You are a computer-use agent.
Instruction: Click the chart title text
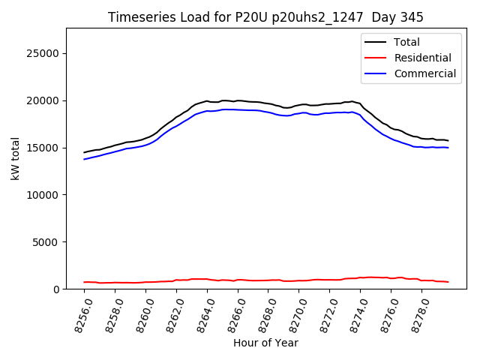pyautogui.click(x=265, y=17)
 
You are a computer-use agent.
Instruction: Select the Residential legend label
pyautogui.click(x=423, y=58)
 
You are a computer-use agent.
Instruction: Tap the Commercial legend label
pyautogui.click(x=425, y=73)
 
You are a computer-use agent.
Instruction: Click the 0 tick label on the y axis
pyautogui.click(x=56, y=289)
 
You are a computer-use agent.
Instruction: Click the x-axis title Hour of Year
pyautogui.click(x=265, y=343)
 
